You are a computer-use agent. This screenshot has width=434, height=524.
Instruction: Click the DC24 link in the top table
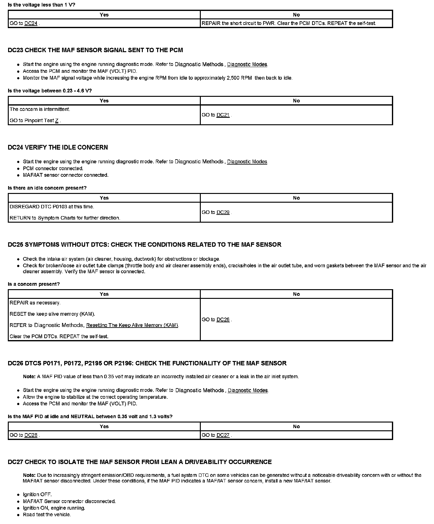[x=31, y=23]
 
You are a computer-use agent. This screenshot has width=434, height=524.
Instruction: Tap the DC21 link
[x=223, y=115]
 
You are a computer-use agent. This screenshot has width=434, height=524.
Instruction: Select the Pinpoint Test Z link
[x=57, y=121]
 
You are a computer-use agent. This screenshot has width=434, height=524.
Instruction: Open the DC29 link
[x=223, y=212]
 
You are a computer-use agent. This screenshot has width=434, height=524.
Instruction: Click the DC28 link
[x=31, y=435]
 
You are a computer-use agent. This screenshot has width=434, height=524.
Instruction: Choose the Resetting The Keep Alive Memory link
[x=132, y=325]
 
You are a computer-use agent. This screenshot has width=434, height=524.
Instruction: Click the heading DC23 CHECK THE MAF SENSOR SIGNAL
[x=95, y=50]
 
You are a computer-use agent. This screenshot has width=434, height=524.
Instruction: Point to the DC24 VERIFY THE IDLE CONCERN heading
[x=58, y=147]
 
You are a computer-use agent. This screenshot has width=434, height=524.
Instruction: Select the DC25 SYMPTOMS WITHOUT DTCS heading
[x=144, y=245]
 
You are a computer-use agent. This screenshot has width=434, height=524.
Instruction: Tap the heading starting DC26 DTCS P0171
[x=147, y=363]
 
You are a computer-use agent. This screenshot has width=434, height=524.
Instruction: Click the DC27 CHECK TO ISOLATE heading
[x=139, y=462]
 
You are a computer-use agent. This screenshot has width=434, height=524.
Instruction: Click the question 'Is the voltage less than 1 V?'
[x=41, y=5]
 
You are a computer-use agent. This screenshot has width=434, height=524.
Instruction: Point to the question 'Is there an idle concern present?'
[x=47, y=188]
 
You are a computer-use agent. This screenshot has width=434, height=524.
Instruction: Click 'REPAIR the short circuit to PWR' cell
[x=289, y=23]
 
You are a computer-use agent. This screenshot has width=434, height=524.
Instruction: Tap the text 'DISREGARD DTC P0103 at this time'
[x=52, y=207]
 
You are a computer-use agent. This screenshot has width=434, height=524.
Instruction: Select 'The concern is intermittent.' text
[x=40, y=109]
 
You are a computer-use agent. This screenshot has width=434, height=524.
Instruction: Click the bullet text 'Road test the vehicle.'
[x=47, y=515]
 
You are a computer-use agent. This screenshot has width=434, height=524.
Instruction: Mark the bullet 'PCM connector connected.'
[x=53, y=168]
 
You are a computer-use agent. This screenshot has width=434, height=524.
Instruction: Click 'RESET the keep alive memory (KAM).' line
[x=52, y=314]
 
